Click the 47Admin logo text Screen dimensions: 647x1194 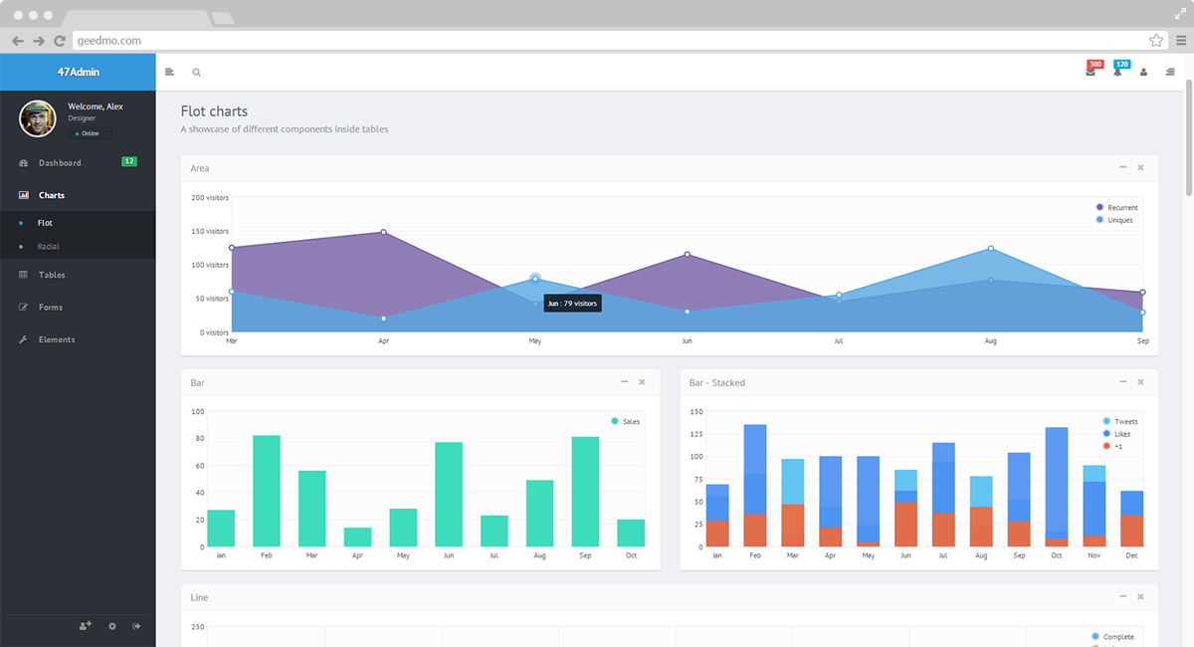click(78, 72)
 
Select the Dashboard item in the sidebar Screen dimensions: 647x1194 click(60, 163)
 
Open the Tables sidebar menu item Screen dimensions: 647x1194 click(52, 275)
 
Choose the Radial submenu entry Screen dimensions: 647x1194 click(49, 246)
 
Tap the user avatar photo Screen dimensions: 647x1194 click(38, 118)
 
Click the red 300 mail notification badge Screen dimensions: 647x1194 click(1095, 65)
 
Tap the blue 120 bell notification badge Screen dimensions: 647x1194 click(1122, 65)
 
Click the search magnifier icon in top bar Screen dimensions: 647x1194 click(196, 72)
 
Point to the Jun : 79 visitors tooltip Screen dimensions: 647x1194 click(572, 303)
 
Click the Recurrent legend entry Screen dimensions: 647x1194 click(1121, 208)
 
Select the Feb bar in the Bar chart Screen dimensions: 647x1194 click(267, 491)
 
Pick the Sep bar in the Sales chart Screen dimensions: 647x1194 click(585, 491)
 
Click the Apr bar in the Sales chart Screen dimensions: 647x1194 click(357, 537)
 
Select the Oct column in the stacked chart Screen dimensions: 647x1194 click(1057, 487)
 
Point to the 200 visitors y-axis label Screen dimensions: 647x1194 click(210, 198)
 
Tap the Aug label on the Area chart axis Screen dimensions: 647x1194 click(990, 341)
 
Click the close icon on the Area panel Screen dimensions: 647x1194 click(1140, 167)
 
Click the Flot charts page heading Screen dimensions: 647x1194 click(214, 111)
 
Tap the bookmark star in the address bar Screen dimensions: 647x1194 click(1156, 41)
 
